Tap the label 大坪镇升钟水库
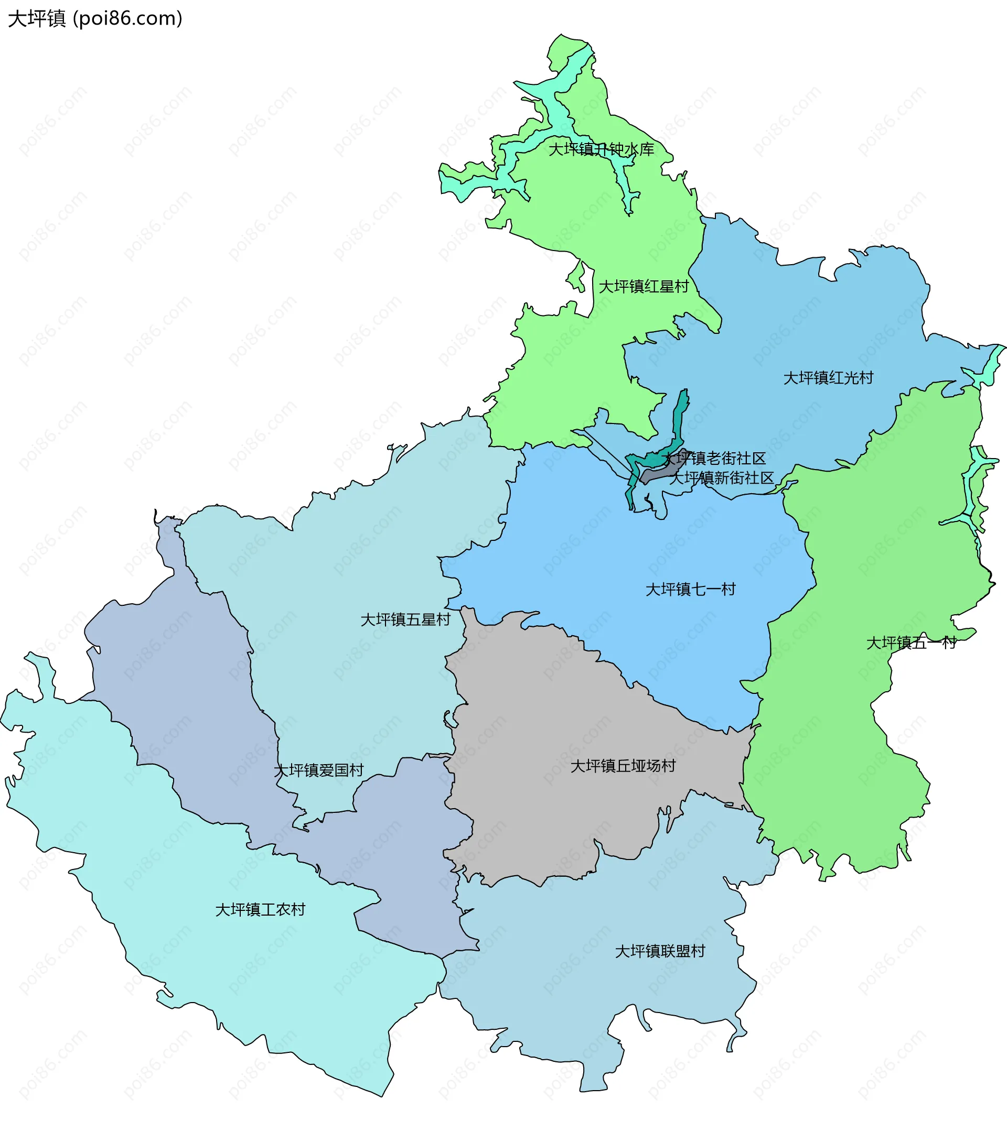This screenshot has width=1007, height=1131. (x=601, y=149)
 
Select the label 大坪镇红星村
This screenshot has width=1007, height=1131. (x=644, y=287)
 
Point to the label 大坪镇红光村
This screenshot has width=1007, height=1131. (x=828, y=378)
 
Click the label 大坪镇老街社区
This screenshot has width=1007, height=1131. (x=714, y=458)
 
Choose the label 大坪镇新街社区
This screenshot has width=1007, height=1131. (x=721, y=477)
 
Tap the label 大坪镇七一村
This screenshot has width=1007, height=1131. (x=690, y=589)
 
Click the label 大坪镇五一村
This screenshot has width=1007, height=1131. (x=911, y=643)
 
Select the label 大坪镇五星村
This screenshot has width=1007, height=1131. (x=405, y=619)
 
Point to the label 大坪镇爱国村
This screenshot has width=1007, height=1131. (x=319, y=770)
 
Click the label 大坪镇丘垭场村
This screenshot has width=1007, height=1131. (x=623, y=766)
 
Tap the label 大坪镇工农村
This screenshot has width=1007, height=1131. (x=260, y=910)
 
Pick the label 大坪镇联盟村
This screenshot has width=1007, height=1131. (x=660, y=951)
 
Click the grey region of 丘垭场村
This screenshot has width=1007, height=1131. (x=554, y=720)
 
